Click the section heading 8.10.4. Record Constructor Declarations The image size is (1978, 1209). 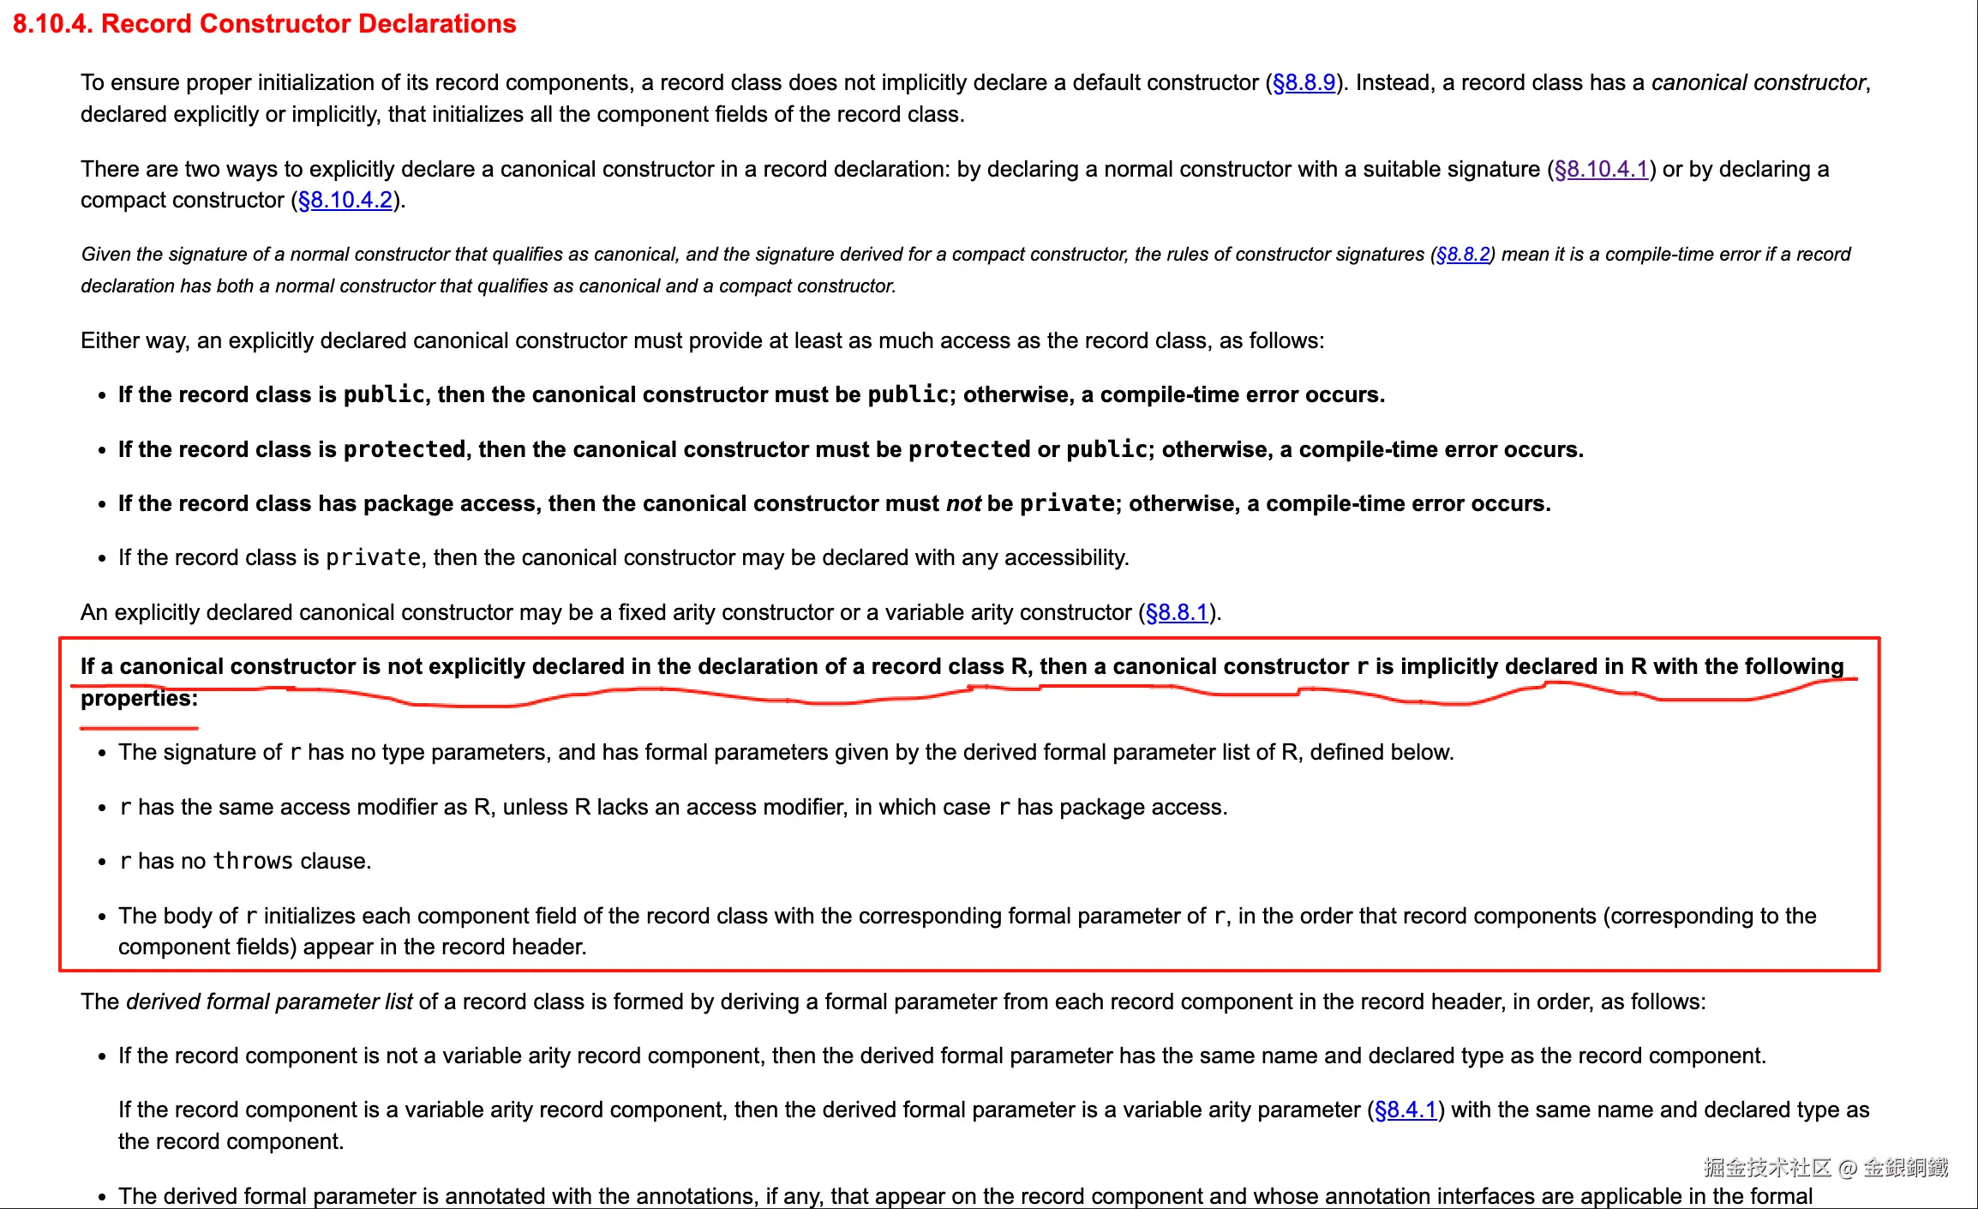pyautogui.click(x=264, y=24)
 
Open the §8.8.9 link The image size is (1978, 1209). pyautogui.click(x=1304, y=83)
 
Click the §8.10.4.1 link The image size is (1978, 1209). pyautogui.click(x=1601, y=170)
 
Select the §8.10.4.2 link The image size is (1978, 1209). pyautogui.click(x=345, y=201)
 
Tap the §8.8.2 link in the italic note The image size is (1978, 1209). pyautogui.click(x=1462, y=255)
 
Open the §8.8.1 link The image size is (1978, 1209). pyautogui.click(x=1176, y=613)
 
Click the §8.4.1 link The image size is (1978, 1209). pyautogui.click(x=1405, y=1110)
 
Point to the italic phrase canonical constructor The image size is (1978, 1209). pyautogui.click(x=1758, y=83)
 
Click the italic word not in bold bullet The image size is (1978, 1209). pyautogui.click(x=963, y=504)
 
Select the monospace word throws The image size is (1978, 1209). pyautogui.click(x=253, y=862)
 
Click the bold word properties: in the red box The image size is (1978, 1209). pyautogui.click(x=139, y=699)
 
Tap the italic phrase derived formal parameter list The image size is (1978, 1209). pyautogui.click(x=269, y=1002)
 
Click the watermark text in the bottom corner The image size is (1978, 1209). pyautogui.click(x=1825, y=1168)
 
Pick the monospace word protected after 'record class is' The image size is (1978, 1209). pyautogui.click(x=405, y=450)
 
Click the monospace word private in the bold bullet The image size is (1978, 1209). pyautogui.click(x=1067, y=504)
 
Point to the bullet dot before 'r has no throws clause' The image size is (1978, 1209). pyautogui.click(x=102, y=863)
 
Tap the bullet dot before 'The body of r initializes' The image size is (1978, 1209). pyautogui.click(x=102, y=917)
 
